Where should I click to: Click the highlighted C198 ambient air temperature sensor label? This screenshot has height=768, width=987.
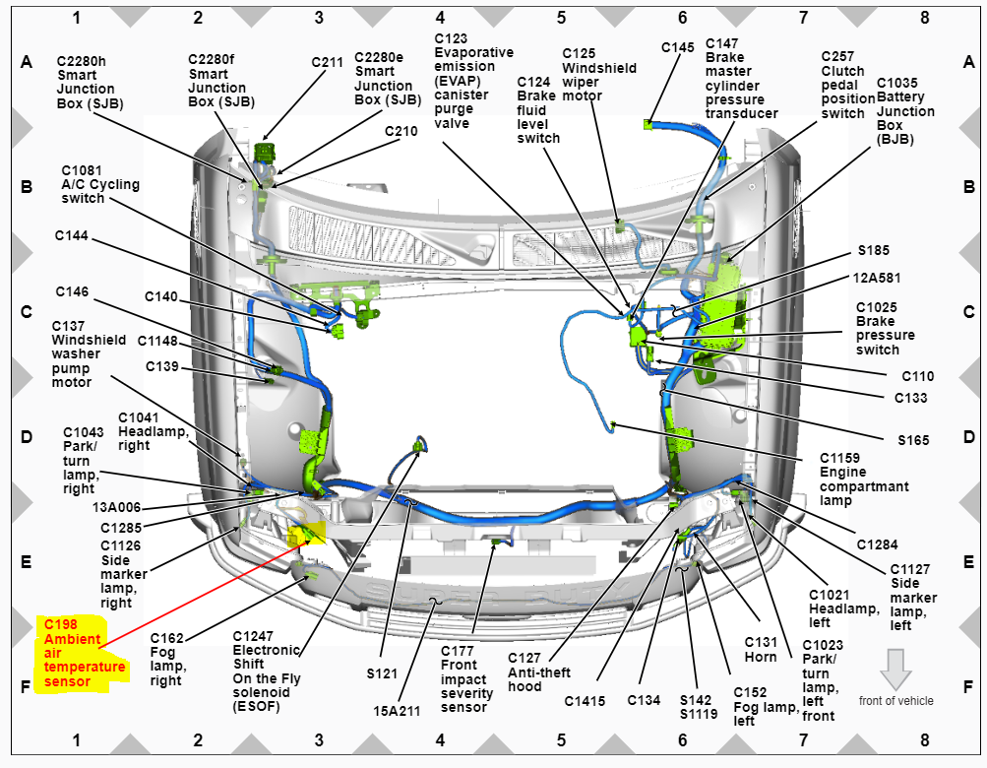[84, 653]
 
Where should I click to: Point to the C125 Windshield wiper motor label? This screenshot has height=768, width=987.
[599, 75]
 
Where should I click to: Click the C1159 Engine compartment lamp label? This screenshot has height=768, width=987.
[864, 480]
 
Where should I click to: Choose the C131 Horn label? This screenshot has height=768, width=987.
[761, 650]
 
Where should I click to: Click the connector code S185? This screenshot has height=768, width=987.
[873, 251]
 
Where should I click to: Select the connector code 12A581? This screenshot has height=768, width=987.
[878, 279]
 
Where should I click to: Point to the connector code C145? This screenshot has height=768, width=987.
[677, 46]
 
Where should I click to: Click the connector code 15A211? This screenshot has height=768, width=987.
[396, 709]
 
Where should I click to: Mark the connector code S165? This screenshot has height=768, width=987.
[913, 440]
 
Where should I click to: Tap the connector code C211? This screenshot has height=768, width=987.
[328, 61]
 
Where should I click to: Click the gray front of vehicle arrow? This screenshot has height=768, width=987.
[895, 669]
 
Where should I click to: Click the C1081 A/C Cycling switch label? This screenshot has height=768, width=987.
[100, 184]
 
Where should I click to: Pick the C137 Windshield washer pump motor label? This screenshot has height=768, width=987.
[89, 353]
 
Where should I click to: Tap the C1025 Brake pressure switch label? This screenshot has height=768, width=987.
[885, 328]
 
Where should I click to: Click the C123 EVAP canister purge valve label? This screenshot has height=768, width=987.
[473, 81]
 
